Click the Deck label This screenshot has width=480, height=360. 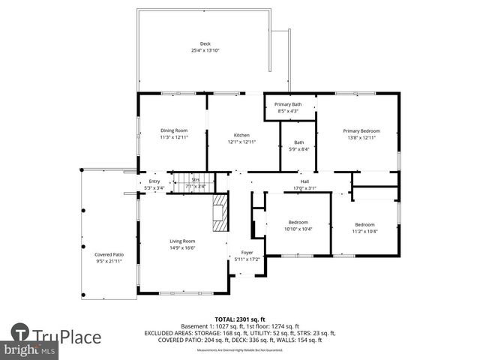[x=205, y=44]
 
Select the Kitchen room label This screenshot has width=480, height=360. [x=241, y=135]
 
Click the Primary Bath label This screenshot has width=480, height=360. [x=288, y=104]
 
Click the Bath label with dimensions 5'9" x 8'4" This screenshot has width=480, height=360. [x=298, y=142]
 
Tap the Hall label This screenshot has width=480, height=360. [x=305, y=181]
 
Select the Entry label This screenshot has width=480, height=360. [x=154, y=181]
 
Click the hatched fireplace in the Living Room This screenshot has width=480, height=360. [x=219, y=216]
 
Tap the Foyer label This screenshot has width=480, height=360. [x=247, y=253]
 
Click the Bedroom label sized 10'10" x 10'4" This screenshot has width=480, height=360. [x=298, y=222]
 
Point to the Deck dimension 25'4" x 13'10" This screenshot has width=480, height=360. [x=205, y=50]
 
